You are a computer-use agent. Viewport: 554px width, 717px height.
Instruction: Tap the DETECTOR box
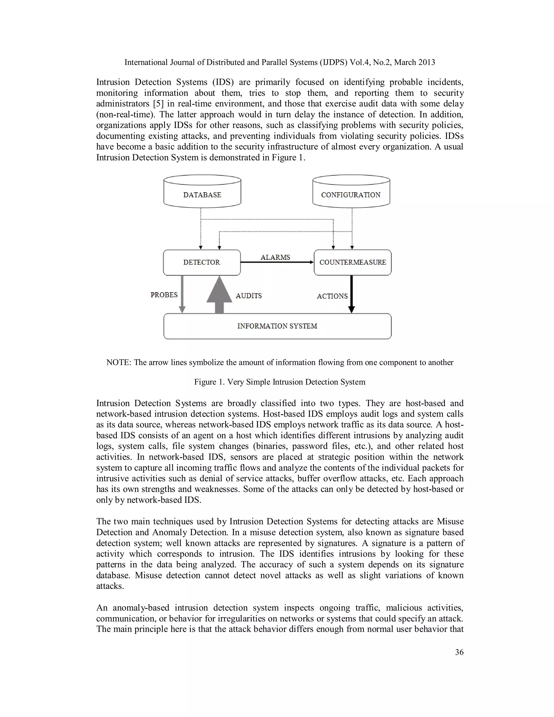coord(202,262)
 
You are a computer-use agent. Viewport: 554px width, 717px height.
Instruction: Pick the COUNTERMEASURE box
coord(352,262)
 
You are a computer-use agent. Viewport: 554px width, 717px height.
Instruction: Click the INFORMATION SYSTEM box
coord(277,326)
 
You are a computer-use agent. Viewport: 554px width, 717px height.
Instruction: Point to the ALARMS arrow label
coord(275,257)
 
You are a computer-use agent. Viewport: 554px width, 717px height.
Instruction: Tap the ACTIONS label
coord(332,296)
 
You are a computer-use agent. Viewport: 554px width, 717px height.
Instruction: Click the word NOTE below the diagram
coord(118,363)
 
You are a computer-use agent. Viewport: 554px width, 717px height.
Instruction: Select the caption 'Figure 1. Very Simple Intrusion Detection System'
coord(280,382)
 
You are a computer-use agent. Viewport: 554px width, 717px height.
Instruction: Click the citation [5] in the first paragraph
coord(158,104)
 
